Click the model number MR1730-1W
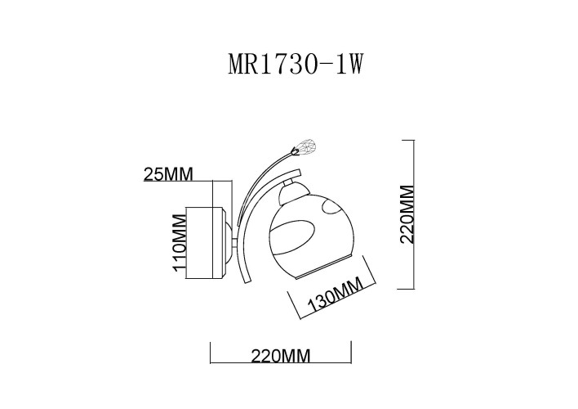click(x=295, y=65)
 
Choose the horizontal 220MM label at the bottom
click(x=280, y=356)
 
